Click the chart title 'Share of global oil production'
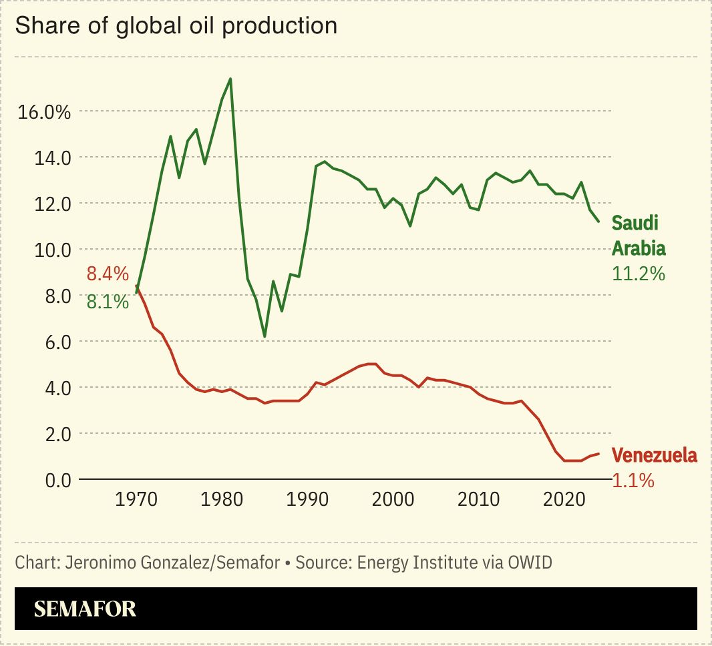(x=176, y=26)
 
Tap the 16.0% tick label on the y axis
(x=44, y=111)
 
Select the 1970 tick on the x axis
(x=137, y=500)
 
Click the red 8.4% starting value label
(x=107, y=274)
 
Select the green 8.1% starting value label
(x=107, y=302)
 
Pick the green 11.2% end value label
(x=639, y=274)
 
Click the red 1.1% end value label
(x=633, y=480)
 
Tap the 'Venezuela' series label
(x=655, y=456)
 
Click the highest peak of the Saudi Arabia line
(x=230, y=79)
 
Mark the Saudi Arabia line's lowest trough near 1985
(x=264, y=336)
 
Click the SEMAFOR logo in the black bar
(x=85, y=609)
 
